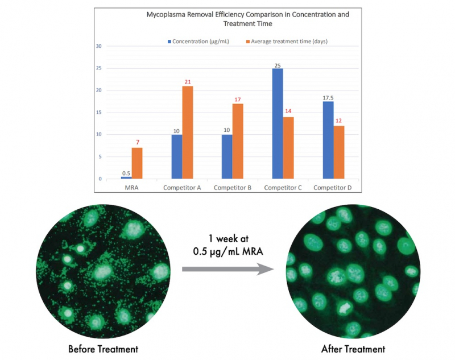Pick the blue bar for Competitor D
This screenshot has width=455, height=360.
[328, 140]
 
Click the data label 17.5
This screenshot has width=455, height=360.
[328, 97]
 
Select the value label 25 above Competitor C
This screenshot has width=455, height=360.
[277, 64]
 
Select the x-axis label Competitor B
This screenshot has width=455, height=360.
[234, 187]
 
